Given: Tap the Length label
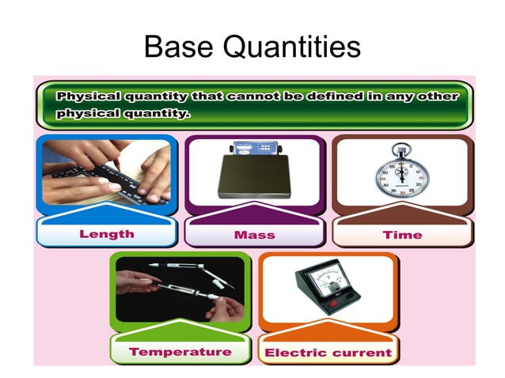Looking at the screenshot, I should [x=107, y=234].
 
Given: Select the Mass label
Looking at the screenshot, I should [x=254, y=235].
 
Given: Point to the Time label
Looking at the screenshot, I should [x=402, y=235].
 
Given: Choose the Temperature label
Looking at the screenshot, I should [x=180, y=352].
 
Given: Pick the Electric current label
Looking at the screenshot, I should [x=328, y=353].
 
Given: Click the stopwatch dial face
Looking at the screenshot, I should [x=402, y=181].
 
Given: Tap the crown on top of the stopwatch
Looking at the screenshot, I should [x=402, y=148].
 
